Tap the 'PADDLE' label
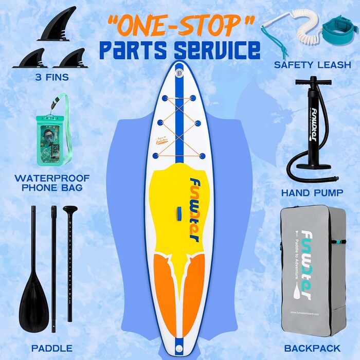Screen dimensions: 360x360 click(x=51, y=349)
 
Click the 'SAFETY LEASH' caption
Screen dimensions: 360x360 click(x=313, y=65)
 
